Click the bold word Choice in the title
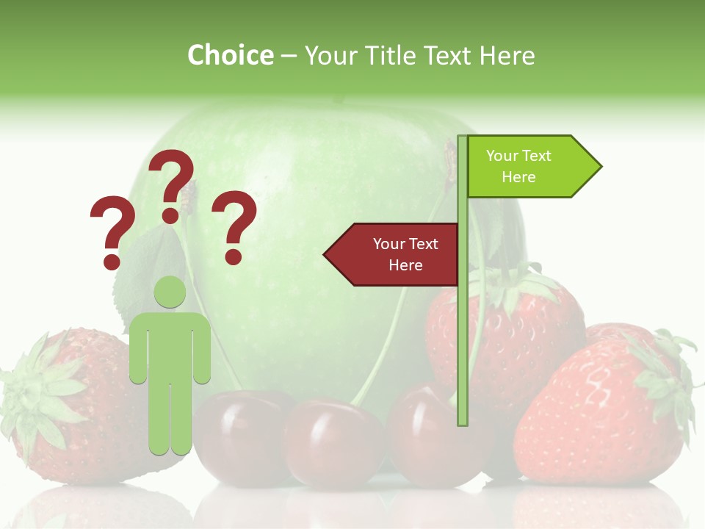230,55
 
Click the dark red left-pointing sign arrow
393,254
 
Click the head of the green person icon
170,292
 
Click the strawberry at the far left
66,411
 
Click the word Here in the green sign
518,177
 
